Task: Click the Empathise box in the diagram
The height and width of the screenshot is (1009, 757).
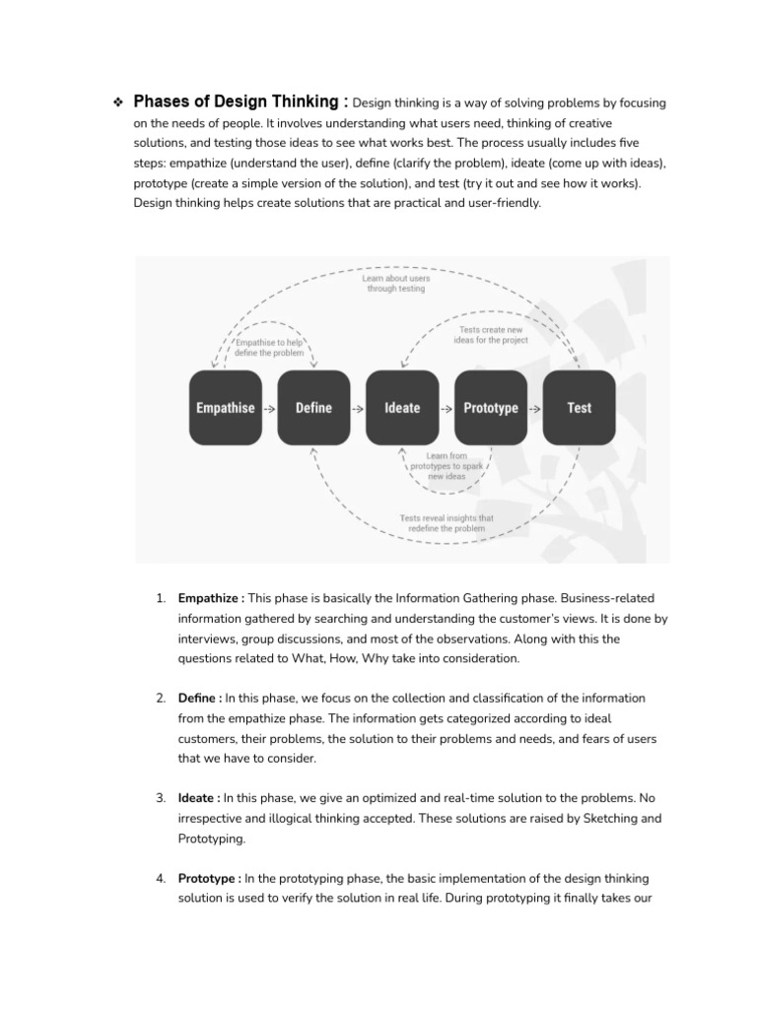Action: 225,407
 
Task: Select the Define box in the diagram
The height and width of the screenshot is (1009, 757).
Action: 313,407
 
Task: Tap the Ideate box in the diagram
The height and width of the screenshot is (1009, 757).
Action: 402,407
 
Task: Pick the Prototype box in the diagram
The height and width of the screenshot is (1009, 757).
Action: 490,407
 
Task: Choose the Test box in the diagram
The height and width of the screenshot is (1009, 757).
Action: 579,407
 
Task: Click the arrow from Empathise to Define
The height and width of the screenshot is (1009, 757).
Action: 269,408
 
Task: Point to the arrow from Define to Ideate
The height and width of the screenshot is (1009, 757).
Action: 358,408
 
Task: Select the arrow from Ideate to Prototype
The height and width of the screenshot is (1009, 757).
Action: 446,408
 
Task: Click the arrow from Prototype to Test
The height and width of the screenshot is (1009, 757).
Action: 534,408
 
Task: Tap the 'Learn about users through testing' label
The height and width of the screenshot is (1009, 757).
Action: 396,284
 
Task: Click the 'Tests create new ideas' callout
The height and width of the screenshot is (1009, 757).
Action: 493,334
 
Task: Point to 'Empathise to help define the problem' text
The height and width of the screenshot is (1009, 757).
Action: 269,346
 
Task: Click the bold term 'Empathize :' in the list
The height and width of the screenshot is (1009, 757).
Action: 211,598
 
